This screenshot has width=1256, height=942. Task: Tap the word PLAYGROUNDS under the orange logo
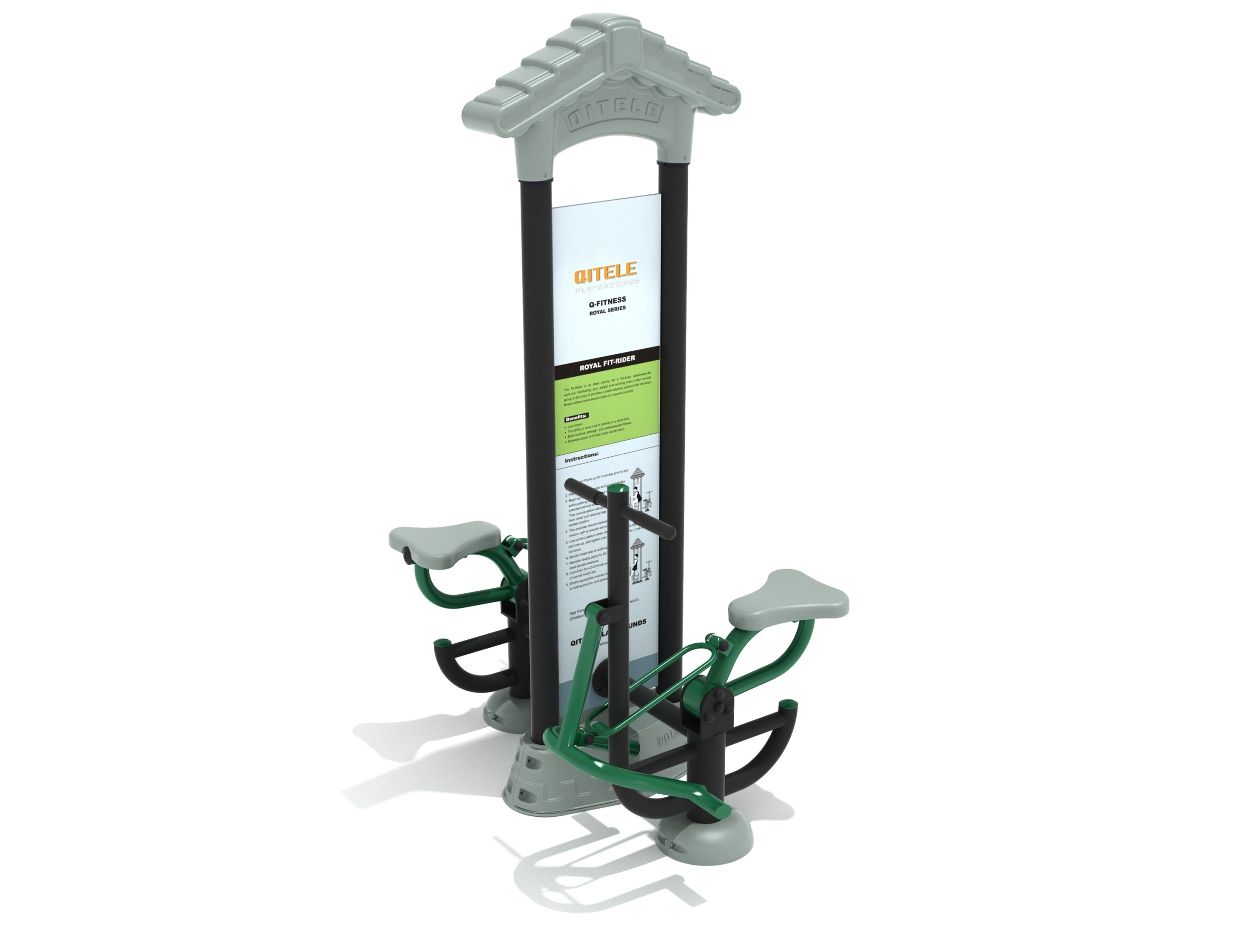pyautogui.click(x=607, y=290)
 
